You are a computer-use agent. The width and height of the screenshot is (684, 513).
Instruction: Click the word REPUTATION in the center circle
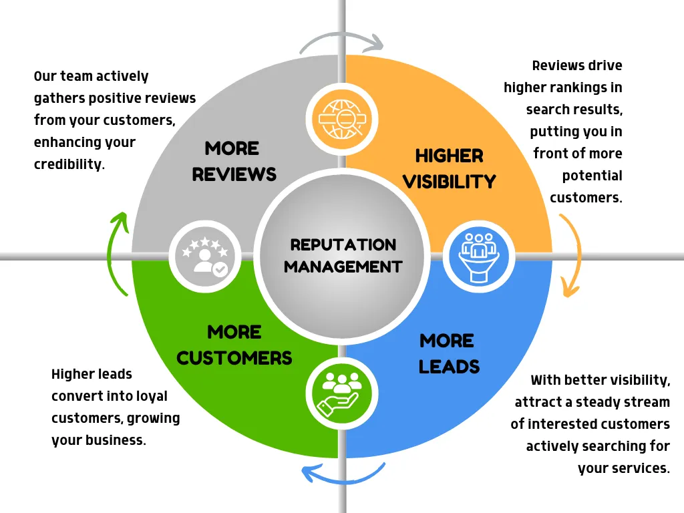pos(343,244)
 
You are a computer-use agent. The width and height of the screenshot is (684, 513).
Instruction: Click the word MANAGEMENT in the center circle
pos(343,267)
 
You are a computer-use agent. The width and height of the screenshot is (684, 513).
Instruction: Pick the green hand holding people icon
pos(342,392)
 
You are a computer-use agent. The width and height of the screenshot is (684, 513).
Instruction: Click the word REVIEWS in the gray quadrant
pos(234,174)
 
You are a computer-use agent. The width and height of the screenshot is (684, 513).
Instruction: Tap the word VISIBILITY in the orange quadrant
pos(449,182)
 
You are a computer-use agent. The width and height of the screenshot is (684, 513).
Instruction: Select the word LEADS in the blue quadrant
pos(449,367)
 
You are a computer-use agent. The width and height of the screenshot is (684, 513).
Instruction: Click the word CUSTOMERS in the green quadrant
pos(234,358)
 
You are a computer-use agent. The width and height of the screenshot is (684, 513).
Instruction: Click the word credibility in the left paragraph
pos(69,164)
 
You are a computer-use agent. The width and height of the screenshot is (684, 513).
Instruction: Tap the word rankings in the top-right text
pos(590,88)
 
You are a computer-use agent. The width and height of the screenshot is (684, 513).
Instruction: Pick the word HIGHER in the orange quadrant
pos(449,156)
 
